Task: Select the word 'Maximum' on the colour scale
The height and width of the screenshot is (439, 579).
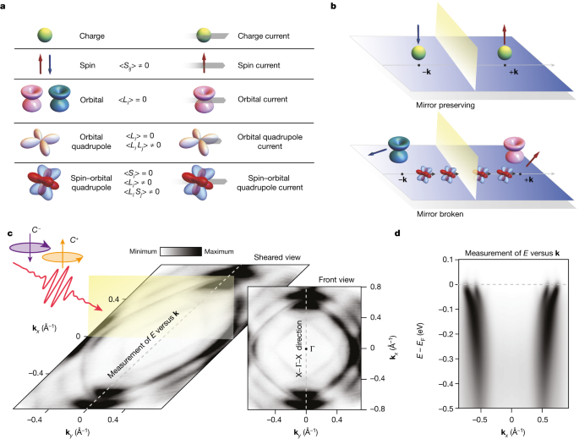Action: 221,252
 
